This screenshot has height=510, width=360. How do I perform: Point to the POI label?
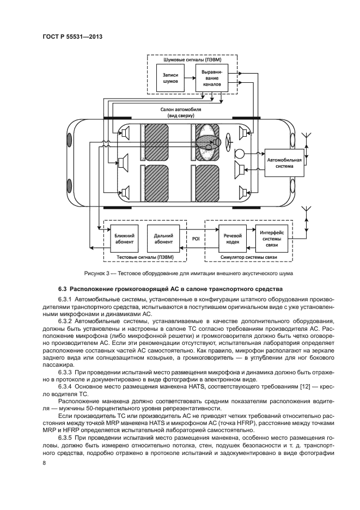197,238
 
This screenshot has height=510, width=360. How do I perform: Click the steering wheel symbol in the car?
240,133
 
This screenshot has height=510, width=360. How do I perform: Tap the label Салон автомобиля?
181,110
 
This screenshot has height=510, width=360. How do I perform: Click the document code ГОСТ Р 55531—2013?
72,38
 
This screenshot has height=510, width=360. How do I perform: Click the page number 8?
44,463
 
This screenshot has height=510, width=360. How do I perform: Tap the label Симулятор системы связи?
248,256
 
